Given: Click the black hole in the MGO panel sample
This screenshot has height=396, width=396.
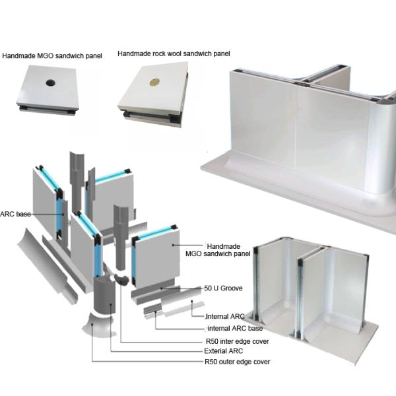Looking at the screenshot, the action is point(51,82).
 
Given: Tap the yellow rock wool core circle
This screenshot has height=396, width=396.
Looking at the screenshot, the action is point(154,82).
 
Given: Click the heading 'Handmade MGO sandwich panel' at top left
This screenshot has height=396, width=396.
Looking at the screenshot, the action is point(52,56).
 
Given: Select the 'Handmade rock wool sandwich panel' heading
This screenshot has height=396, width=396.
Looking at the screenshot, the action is point(174,53).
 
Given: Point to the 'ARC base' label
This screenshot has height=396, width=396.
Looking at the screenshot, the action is point(15,214).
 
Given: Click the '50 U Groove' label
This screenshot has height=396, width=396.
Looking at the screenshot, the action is point(223,288).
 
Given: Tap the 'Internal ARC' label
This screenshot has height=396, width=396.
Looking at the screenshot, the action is point(225,316).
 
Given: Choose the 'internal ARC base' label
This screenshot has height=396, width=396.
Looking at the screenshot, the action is point(235,328).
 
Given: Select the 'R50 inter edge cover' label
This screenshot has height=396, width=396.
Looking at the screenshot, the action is point(238,341).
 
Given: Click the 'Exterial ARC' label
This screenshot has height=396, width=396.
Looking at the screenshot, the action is point(224,351).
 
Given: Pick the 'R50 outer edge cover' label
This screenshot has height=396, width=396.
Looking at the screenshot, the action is point(238,362).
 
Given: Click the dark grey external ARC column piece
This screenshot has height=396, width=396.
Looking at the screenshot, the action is point(104,296).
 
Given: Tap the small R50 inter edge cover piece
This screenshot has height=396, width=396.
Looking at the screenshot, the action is point(122,279).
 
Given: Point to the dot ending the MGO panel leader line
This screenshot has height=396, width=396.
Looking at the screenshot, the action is point(173,245).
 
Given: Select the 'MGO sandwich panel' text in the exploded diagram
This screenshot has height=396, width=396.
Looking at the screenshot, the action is point(218,254).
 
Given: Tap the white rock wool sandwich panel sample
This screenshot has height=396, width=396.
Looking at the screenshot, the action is point(153,94).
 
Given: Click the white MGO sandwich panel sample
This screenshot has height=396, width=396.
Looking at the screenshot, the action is point(48,89).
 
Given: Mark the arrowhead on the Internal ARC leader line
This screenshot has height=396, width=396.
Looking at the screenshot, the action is point(192,301).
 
